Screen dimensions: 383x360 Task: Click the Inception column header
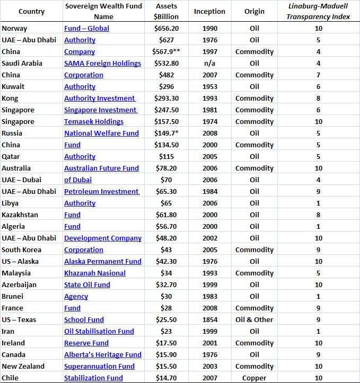pos(209,11)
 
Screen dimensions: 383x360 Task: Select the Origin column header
pos(254,11)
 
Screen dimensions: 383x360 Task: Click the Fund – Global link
pos(86,28)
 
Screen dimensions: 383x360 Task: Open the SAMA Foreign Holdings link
pos(102,63)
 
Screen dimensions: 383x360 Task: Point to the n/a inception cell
pos(209,63)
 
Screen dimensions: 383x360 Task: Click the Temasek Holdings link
pos(93,121)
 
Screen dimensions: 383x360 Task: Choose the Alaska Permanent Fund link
pos(103,261)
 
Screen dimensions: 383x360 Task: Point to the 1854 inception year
pos(209,319)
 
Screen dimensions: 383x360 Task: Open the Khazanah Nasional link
pos(95,273)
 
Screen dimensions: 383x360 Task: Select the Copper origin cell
pos(254,378)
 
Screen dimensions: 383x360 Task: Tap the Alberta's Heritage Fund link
pos(103,354)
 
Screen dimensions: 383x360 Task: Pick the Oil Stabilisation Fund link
pos(99,331)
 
